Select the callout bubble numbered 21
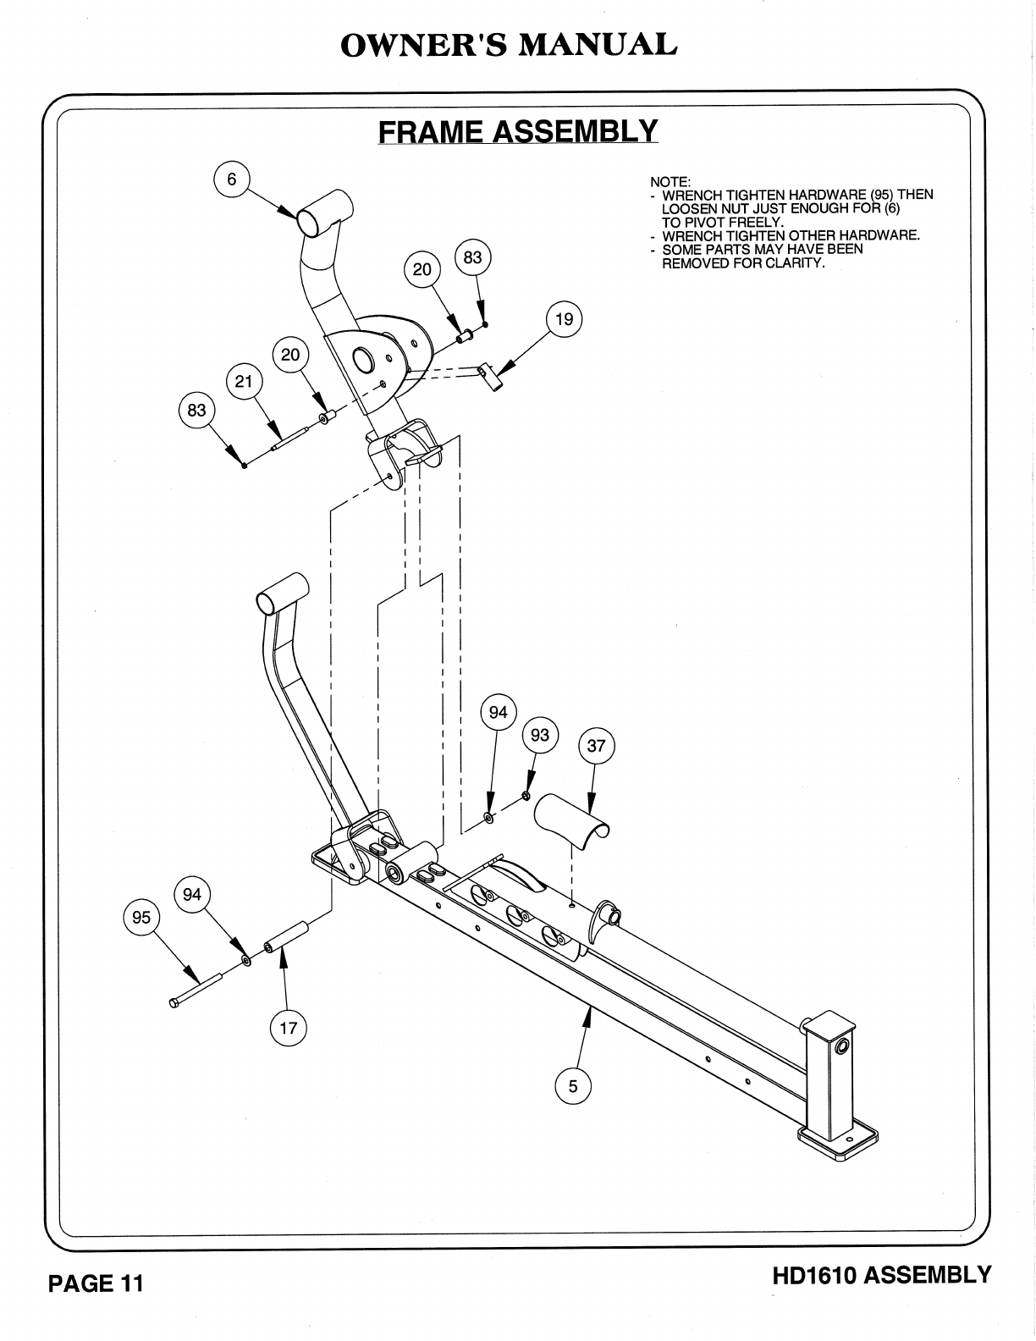click(244, 382)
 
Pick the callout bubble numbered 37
click(597, 746)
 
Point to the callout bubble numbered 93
click(540, 735)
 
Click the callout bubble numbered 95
click(141, 917)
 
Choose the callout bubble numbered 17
click(289, 1028)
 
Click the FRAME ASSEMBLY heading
click(517, 132)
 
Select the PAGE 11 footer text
click(96, 1284)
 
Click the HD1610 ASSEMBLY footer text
click(881, 1275)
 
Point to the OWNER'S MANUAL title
click(509, 45)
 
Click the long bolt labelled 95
click(196, 990)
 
